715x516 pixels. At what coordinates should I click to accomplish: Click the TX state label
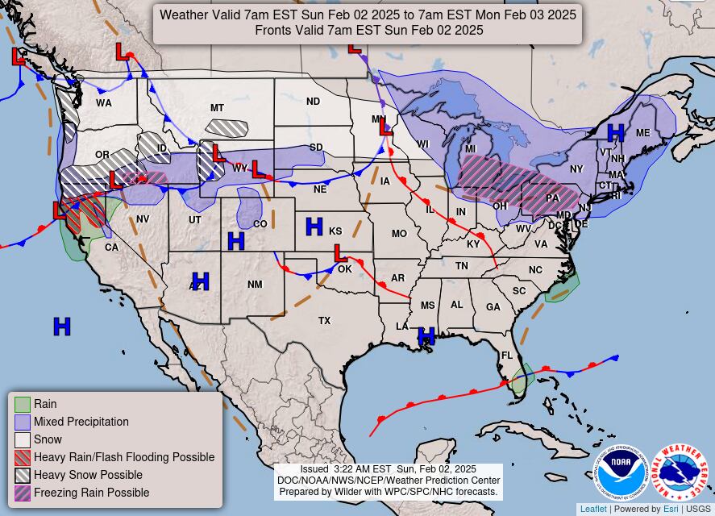click(x=324, y=321)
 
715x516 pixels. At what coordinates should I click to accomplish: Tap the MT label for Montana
click(x=217, y=108)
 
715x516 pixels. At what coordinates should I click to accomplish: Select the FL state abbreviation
click(x=507, y=355)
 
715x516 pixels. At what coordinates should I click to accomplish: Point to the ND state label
click(x=313, y=102)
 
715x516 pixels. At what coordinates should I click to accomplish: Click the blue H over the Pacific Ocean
click(x=62, y=327)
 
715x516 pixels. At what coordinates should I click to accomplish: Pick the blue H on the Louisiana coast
click(x=426, y=335)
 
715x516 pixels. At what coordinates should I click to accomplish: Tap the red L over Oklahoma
click(x=340, y=254)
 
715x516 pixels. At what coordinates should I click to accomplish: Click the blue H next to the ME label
click(x=616, y=133)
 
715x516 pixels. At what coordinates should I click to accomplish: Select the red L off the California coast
click(x=60, y=211)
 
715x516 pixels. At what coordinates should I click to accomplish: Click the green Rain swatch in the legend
click(x=23, y=404)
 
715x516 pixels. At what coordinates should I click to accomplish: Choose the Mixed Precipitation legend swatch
click(x=23, y=422)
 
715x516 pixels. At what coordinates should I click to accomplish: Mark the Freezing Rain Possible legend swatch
click(x=23, y=493)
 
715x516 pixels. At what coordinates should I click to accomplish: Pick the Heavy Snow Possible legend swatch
click(x=23, y=475)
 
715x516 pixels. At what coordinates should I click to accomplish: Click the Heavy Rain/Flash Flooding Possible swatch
click(x=23, y=457)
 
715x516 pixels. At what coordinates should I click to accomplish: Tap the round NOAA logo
click(x=621, y=473)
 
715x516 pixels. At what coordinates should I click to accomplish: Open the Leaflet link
click(x=593, y=509)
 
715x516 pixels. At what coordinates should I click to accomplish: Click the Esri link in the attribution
click(x=671, y=509)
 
